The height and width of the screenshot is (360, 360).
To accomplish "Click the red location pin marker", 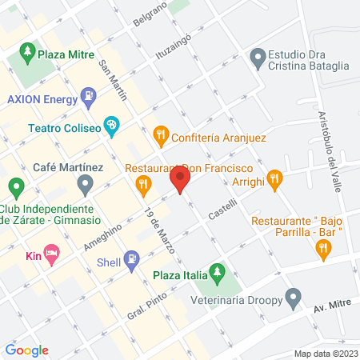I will (x=181, y=179).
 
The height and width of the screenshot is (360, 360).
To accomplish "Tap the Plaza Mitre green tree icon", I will (x=26, y=54).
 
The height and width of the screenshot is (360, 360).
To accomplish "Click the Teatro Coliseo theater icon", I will (x=113, y=126).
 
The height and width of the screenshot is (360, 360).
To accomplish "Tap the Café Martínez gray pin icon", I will (x=86, y=186).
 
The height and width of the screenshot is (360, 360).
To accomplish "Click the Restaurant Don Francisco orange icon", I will (x=144, y=186).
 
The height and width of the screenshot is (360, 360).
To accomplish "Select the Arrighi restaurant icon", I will (x=274, y=178).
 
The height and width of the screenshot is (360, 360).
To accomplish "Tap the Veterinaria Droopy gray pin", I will (x=293, y=300).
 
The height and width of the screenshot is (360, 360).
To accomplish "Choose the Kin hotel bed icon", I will (x=52, y=257).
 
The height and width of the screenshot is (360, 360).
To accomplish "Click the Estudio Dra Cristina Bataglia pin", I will (x=258, y=58).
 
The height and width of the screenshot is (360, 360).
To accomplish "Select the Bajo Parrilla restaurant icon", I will (x=323, y=251).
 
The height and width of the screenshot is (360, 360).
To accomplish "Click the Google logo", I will (x=27, y=350).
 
